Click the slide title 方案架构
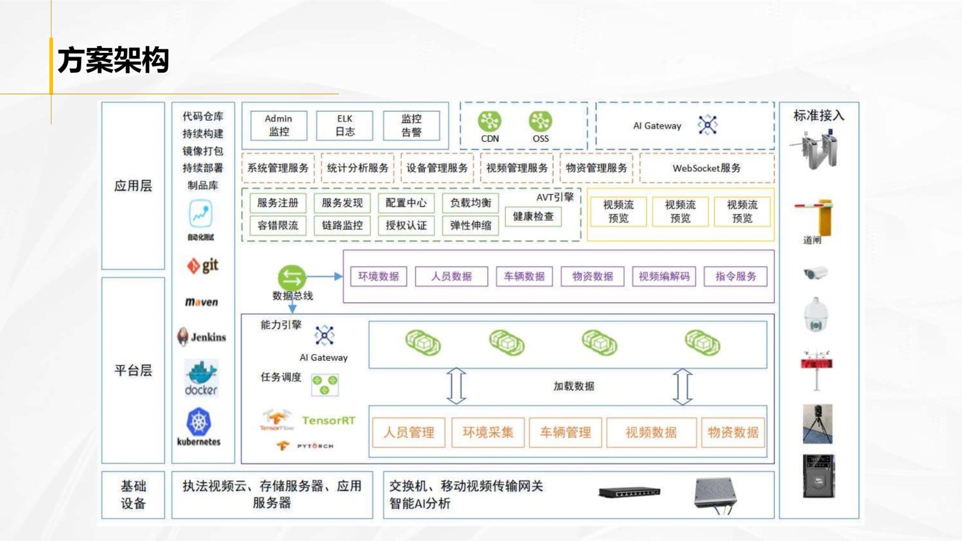click(113, 61)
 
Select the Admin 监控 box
click(278, 125)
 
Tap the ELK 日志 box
click(345, 125)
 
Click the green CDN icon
click(489, 121)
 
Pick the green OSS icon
click(540, 121)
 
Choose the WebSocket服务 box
click(706, 168)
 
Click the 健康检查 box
click(533, 216)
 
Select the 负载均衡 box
click(470, 203)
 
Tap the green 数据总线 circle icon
click(292, 278)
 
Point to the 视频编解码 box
click(664, 277)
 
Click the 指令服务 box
click(735, 277)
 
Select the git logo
click(203, 265)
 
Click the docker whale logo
click(201, 377)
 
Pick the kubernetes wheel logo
click(199, 423)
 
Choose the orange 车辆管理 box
click(565, 433)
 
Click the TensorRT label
click(328, 421)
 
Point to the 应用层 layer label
click(133, 186)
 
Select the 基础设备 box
click(133, 495)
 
